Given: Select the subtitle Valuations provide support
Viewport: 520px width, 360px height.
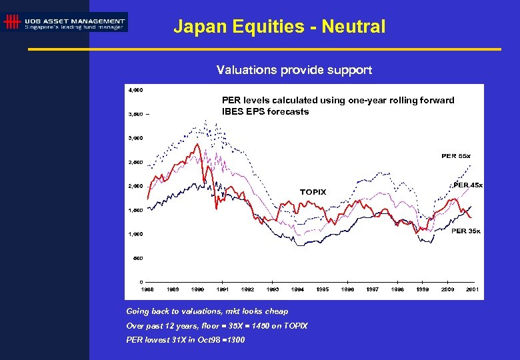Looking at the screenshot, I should pyautogui.click(x=294, y=70).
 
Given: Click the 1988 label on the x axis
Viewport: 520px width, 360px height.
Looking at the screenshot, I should pyautogui.click(x=147, y=289).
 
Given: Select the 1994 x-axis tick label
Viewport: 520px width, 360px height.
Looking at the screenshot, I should pyautogui.click(x=297, y=289).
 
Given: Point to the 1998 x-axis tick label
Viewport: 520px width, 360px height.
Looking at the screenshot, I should pyautogui.click(x=397, y=289).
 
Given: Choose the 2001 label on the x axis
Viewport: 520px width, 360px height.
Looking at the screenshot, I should pyautogui.click(x=472, y=289).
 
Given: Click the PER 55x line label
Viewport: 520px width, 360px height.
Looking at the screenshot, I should pyautogui.click(x=456, y=156).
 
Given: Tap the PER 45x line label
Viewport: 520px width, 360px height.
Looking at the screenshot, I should pyautogui.click(x=468, y=185).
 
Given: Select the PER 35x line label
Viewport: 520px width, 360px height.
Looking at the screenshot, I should pyautogui.click(x=466, y=231).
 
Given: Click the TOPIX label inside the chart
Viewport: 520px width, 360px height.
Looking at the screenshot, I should pyautogui.click(x=313, y=192).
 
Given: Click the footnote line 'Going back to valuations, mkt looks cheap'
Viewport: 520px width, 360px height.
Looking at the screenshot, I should pyautogui.click(x=207, y=311).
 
